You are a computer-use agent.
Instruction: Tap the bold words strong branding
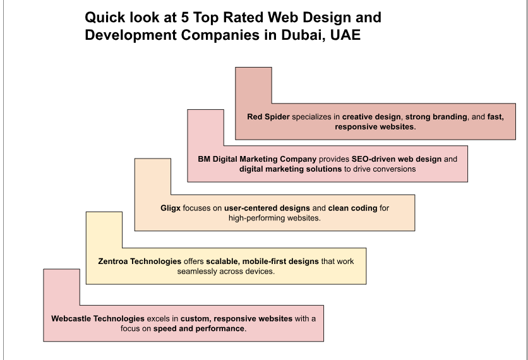click(435, 117)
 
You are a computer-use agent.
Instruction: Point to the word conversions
click(388, 169)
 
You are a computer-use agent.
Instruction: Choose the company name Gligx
click(172, 207)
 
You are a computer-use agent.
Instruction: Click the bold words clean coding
click(351, 207)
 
